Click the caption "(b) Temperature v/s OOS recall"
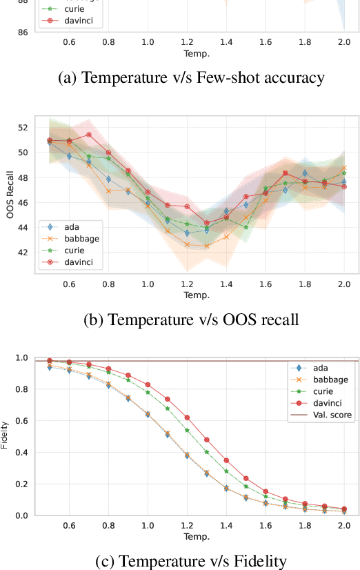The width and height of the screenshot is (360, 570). coord(190,319)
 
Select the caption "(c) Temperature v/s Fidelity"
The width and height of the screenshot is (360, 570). coord(190,562)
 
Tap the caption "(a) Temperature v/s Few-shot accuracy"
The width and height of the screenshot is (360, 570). coord(190,77)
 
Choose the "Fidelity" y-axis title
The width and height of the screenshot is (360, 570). coord(6,436)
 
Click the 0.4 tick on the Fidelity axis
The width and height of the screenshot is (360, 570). coord(20,453)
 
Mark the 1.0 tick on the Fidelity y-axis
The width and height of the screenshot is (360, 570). coord(20,357)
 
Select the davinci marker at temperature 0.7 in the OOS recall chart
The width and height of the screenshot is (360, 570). coord(89,135)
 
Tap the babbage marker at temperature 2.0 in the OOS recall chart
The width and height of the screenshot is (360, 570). coord(344,168)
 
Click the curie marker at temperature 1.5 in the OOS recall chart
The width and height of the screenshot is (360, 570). coord(246,227)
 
